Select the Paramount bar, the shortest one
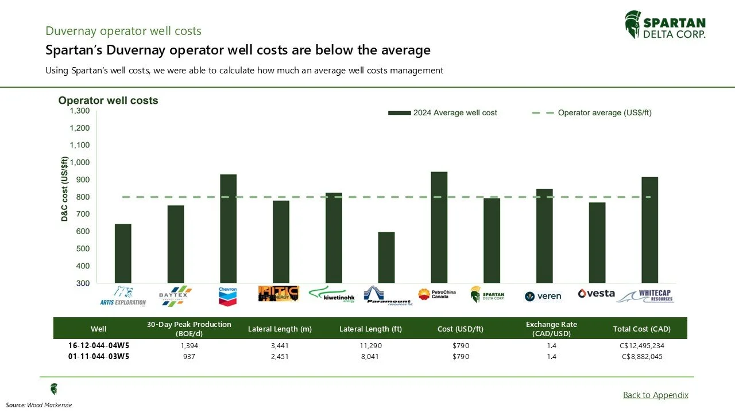pyautogui.click(x=386, y=258)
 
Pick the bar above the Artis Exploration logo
pyautogui.click(x=123, y=254)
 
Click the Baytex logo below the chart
pyautogui.click(x=175, y=295)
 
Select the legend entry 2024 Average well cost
pyautogui.click(x=443, y=113)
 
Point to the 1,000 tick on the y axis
pyautogui.click(x=79, y=162)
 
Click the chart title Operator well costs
pyautogui.click(x=108, y=100)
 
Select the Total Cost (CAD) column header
pyautogui.click(x=642, y=329)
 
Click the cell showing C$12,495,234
pyautogui.click(x=643, y=346)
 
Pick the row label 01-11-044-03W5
pyautogui.click(x=98, y=356)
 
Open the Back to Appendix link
pyautogui.click(x=655, y=395)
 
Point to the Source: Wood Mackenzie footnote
pyautogui.click(x=39, y=405)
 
